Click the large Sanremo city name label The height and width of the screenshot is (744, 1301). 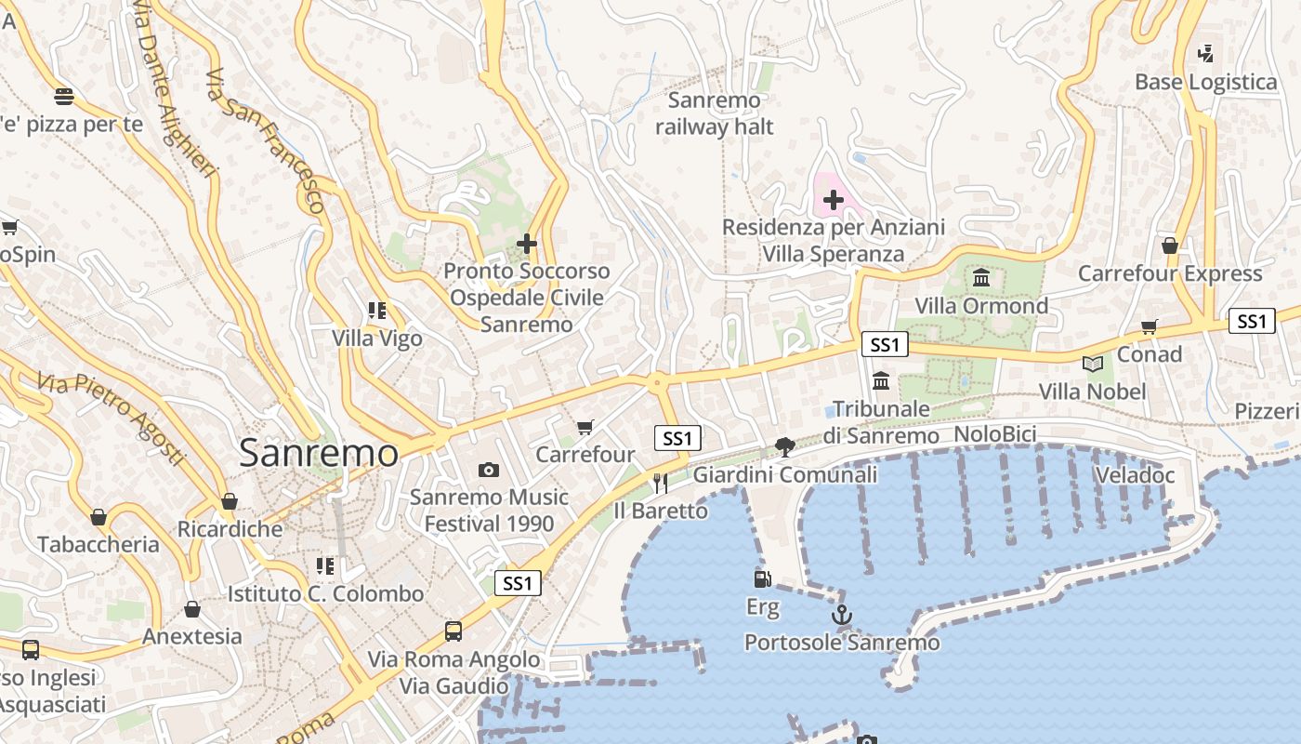[319, 453]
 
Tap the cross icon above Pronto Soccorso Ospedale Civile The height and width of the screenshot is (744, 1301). [527, 244]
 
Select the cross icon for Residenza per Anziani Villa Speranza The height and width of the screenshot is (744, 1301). [834, 199]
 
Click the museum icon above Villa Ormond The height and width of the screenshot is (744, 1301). [980, 277]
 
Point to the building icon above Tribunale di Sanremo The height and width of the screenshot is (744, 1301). [881, 380]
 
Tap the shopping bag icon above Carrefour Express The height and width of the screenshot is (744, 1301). [1170, 246]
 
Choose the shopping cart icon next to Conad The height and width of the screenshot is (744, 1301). [1150, 326]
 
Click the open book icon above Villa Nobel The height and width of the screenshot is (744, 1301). [1092, 364]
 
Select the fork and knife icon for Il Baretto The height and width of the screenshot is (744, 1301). [661, 482]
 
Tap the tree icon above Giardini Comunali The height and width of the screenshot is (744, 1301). [785, 446]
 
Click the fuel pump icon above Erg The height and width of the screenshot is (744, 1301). [762, 578]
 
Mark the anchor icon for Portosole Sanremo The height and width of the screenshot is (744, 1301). [841, 615]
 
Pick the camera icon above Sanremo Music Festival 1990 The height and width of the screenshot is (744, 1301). [489, 470]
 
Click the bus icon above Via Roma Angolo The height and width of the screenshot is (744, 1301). [453, 631]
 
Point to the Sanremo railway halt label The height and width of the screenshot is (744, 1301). [714, 113]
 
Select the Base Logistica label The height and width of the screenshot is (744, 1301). [1205, 82]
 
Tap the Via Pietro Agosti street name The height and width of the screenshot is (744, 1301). [111, 418]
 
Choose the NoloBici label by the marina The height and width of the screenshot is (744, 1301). [995, 434]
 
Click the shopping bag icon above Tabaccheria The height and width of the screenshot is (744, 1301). [99, 517]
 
